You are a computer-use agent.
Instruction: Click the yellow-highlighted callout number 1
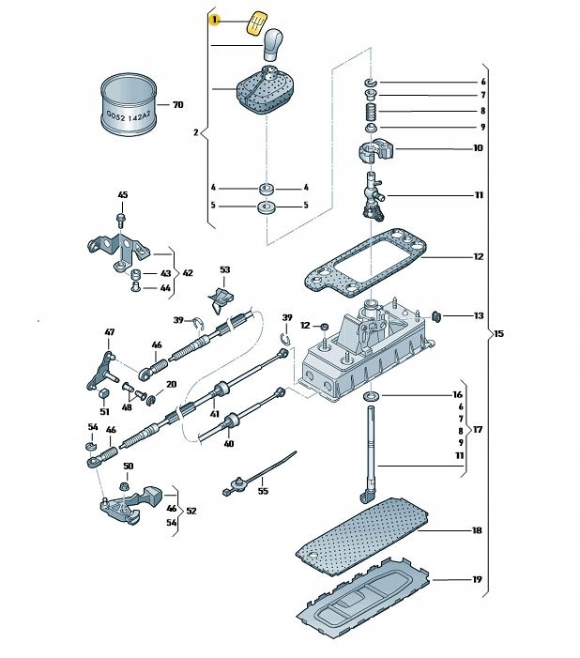[x=214, y=19]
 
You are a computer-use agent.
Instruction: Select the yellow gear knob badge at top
[x=255, y=23]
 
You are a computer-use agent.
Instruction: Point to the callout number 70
[x=176, y=105]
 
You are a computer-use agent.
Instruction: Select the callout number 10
[x=478, y=148]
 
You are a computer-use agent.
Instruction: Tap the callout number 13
[x=478, y=315]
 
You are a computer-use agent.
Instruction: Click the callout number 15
[x=498, y=335]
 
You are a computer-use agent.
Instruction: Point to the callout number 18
[x=477, y=530]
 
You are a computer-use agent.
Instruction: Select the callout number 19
[x=477, y=579]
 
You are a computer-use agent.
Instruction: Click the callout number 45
[x=122, y=194]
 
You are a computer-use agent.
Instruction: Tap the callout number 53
[x=224, y=270]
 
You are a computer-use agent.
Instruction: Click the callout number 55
[x=263, y=491]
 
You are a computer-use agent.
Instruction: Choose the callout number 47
[x=109, y=332]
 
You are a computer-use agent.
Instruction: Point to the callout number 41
[x=214, y=414]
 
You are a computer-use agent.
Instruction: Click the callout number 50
[x=128, y=467]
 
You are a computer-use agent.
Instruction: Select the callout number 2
[x=195, y=133]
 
